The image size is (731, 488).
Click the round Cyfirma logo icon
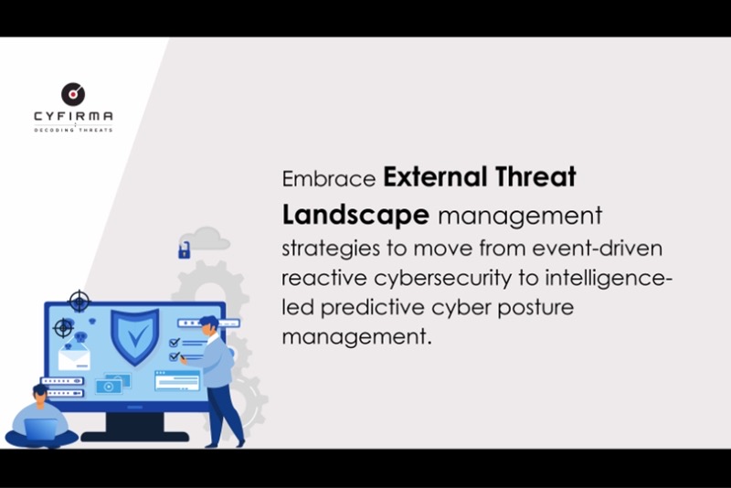73,94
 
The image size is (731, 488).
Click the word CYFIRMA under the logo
73,116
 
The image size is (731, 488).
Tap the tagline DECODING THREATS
73,130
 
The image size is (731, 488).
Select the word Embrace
329,179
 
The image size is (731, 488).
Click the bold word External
435,176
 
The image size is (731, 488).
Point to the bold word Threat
535,176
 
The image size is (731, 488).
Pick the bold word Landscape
355,216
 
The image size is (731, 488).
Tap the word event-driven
598,248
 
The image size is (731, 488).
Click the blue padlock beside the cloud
185,250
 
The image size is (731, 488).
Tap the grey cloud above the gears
206,239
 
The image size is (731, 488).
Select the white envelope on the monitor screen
74,356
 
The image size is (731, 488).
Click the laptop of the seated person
41,430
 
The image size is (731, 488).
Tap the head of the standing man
209,324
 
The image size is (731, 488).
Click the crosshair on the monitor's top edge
79,302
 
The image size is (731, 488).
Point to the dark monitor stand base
135,437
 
